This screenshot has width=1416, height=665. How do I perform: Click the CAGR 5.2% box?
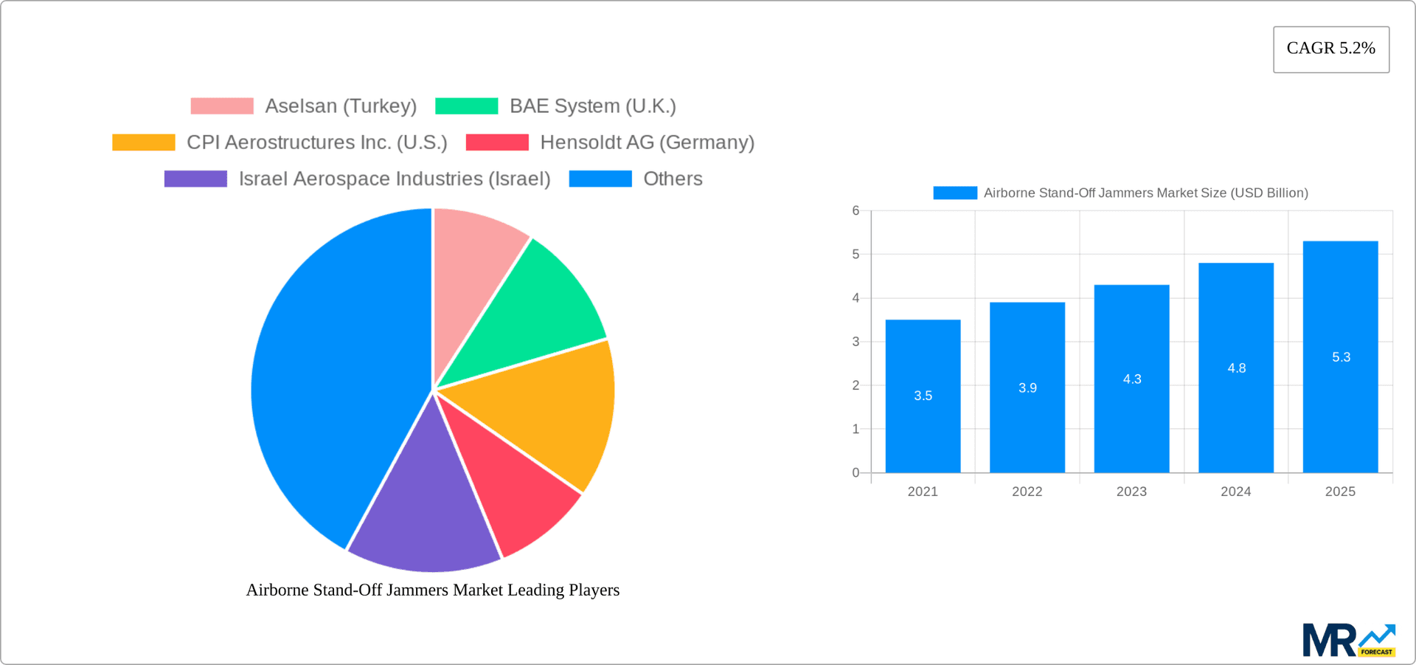coord(1330,49)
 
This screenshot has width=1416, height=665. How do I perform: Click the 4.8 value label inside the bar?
coord(1236,368)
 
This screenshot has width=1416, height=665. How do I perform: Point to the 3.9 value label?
coord(1027,388)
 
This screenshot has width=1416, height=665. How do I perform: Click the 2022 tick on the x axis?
coord(1027,492)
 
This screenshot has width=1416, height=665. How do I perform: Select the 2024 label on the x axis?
coord(1235,492)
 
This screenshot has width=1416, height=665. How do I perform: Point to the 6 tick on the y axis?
coord(855,211)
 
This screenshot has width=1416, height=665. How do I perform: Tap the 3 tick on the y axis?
coord(855,342)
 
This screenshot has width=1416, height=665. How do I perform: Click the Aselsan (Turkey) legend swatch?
coord(222,106)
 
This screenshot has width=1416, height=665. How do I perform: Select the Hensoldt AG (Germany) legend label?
coord(647,142)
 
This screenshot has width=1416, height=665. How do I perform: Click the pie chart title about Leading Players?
coord(432,590)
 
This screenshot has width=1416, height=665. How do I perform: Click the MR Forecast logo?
coord(1348,641)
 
